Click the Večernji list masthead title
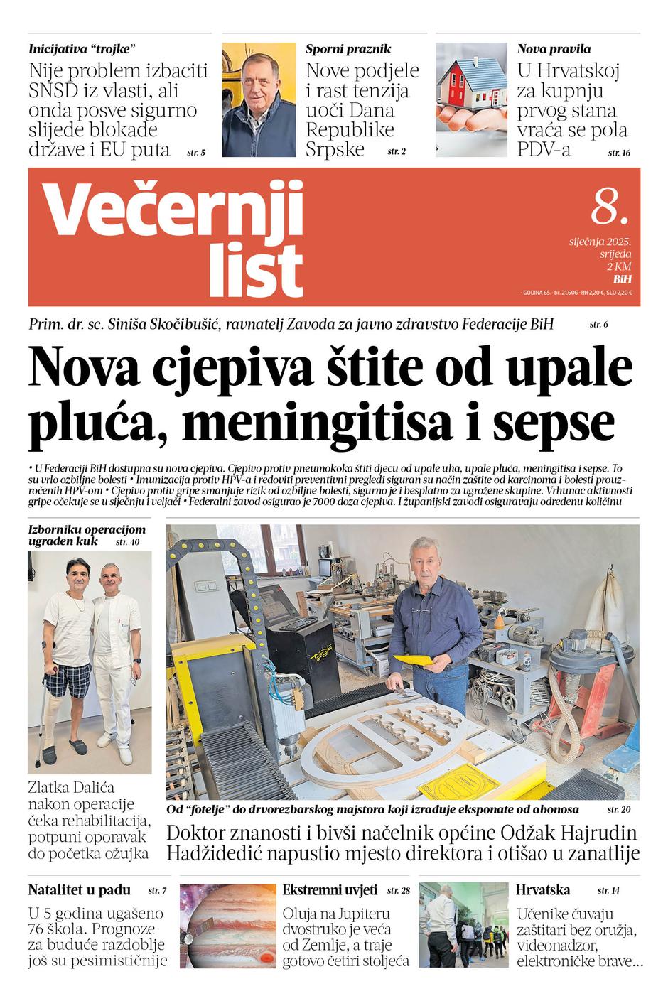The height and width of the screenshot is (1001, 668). [x=175, y=238]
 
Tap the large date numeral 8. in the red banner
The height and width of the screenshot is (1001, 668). [x=610, y=207]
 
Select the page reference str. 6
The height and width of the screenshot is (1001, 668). [x=598, y=325]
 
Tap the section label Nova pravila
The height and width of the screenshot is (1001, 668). [x=554, y=49]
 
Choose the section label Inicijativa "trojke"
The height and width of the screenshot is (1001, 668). [x=82, y=49]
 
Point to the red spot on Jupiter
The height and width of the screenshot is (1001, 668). [x=266, y=958]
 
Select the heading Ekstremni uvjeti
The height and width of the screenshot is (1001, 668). [x=330, y=890]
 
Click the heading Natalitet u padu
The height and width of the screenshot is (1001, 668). [x=80, y=890]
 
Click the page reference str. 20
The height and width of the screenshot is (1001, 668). [x=618, y=809]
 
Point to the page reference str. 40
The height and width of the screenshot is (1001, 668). [x=127, y=543]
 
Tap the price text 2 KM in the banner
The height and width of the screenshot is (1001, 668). [x=619, y=266]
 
